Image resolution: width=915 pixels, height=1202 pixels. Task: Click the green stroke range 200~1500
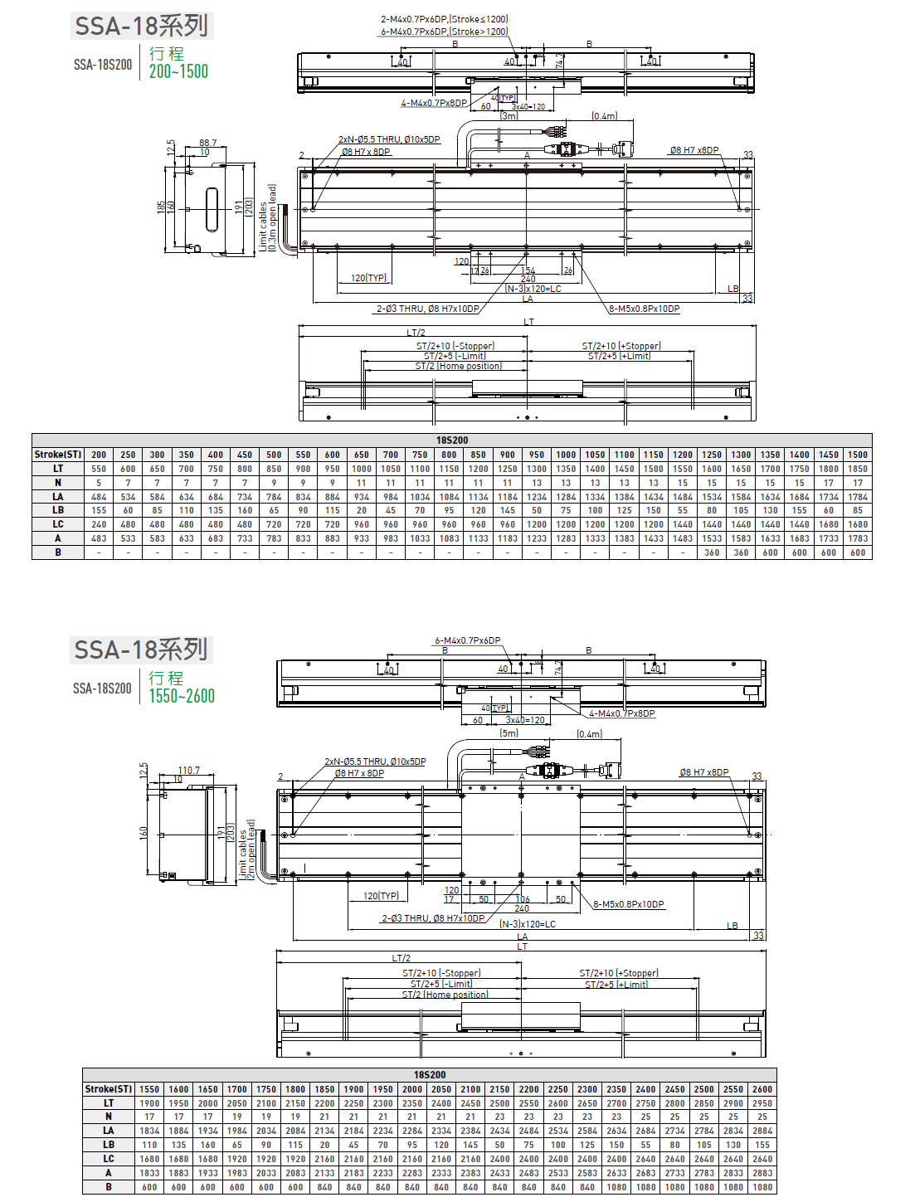pyautogui.click(x=178, y=72)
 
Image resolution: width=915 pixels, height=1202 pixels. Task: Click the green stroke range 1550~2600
pyautogui.click(x=182, y=697)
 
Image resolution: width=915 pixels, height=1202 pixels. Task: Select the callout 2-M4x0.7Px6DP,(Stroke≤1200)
pyautogui.click(x=444, y=19)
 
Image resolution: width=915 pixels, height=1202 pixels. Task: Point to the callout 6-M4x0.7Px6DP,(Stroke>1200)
pyautogui.click(x=444, y=32)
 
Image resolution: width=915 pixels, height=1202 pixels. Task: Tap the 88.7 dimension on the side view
pyautogui.click(x=207, y=143)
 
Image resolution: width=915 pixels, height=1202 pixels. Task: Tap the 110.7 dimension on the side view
pyautogui.click(x=188, y=771)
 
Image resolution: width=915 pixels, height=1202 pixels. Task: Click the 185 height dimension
pyautogui.click(x=161, y=207)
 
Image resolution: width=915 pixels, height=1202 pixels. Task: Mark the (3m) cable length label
pyautogui.click(x=509, y=116)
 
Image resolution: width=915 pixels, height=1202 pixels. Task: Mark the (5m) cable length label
pyautogui.click(x=509, y=733)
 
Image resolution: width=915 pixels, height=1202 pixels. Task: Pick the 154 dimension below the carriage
pyautogui.click(x=528, y=270)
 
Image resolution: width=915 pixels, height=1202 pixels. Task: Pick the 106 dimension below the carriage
pyautogui.click(x=523, y=899)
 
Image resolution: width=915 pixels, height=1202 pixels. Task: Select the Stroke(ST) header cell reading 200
pyautogui.click(x=99, y=455)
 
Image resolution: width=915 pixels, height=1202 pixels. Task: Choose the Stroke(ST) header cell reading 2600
pyautogui.click(x=762, y=1089)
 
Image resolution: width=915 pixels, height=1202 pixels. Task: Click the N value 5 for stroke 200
pyautogui.click(x=99, y=483)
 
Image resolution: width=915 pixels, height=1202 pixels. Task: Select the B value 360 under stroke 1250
pyautogui.click(x=712, y=552)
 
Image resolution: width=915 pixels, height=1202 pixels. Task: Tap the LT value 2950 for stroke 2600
pyautogui.click(x=762, y=1103)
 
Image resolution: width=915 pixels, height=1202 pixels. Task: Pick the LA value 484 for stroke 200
pyautogui.click(x=99, y=497)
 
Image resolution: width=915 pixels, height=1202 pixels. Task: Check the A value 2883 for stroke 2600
pyautogui.click(x=762, y=1173)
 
